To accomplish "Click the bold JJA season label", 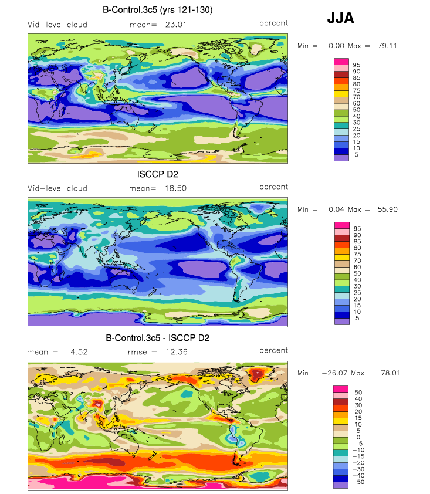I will [340, 18].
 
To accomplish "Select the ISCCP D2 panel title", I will [157, 174].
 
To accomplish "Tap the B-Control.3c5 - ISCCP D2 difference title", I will [157, 338].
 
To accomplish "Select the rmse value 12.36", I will [174, 352].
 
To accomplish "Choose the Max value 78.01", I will [386, 373].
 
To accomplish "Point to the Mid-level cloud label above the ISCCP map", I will [57, 188].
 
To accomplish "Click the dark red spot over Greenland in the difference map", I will [256, 374].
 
